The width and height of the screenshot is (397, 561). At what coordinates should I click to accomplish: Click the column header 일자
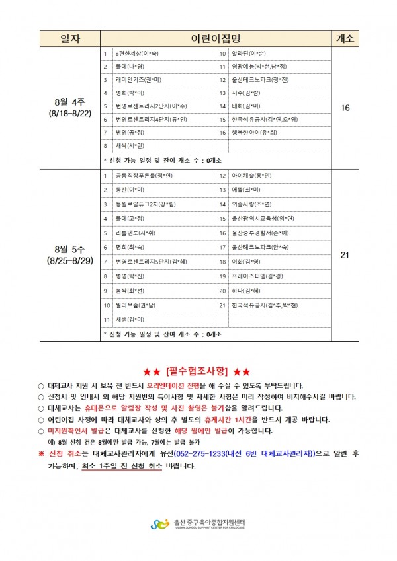pyautogui.click(x=70, y=38)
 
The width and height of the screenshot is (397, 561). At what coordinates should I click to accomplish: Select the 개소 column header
pyautogui.click(x=345, y=38)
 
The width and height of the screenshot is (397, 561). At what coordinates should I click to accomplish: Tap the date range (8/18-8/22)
pyautogui.click(x=70, y=113)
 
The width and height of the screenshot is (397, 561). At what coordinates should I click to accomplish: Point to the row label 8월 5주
pyautogui.click(x=70, y=249)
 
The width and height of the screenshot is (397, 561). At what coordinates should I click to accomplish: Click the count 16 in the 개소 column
pyautogui.click(x=345, y=108)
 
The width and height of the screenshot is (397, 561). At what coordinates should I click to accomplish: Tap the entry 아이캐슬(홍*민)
pyautogui.click(x=251, y=176)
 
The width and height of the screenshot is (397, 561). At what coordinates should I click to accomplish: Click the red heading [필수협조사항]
pyautogui.click(x=198, y=370)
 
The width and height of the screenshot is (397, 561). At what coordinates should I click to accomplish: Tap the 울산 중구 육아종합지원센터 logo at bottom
pyautogui.click(x=198, y=524)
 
